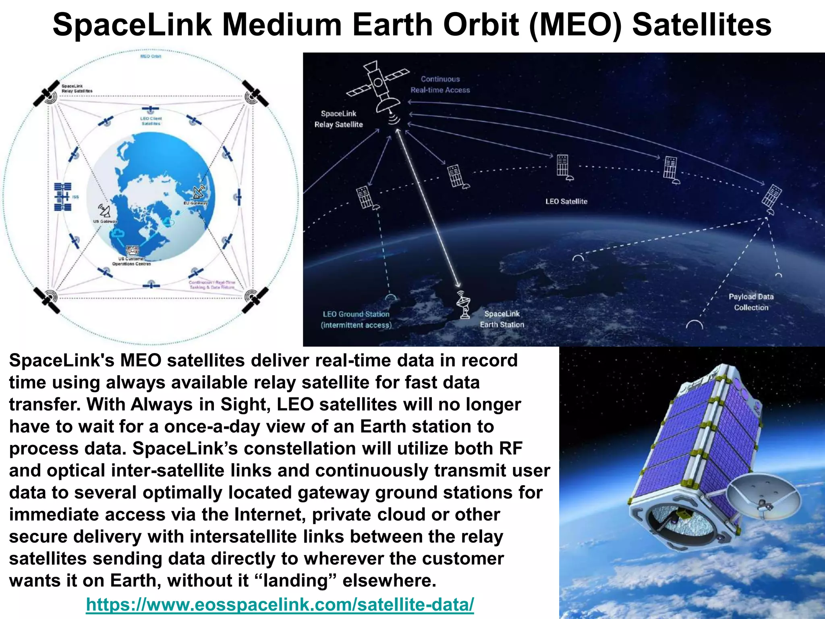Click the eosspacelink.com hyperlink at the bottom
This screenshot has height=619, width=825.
280,605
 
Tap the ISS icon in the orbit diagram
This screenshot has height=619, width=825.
63,197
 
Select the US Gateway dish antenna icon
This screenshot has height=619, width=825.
104,211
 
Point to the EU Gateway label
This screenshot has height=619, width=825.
195,203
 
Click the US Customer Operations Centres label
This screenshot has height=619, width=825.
131,261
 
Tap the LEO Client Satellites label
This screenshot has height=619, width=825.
151,121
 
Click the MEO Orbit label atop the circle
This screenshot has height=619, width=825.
150,56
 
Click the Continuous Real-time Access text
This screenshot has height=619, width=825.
440,85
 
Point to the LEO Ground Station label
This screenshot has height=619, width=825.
356,319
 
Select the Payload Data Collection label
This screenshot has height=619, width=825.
751,302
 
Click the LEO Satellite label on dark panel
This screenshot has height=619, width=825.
566,201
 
